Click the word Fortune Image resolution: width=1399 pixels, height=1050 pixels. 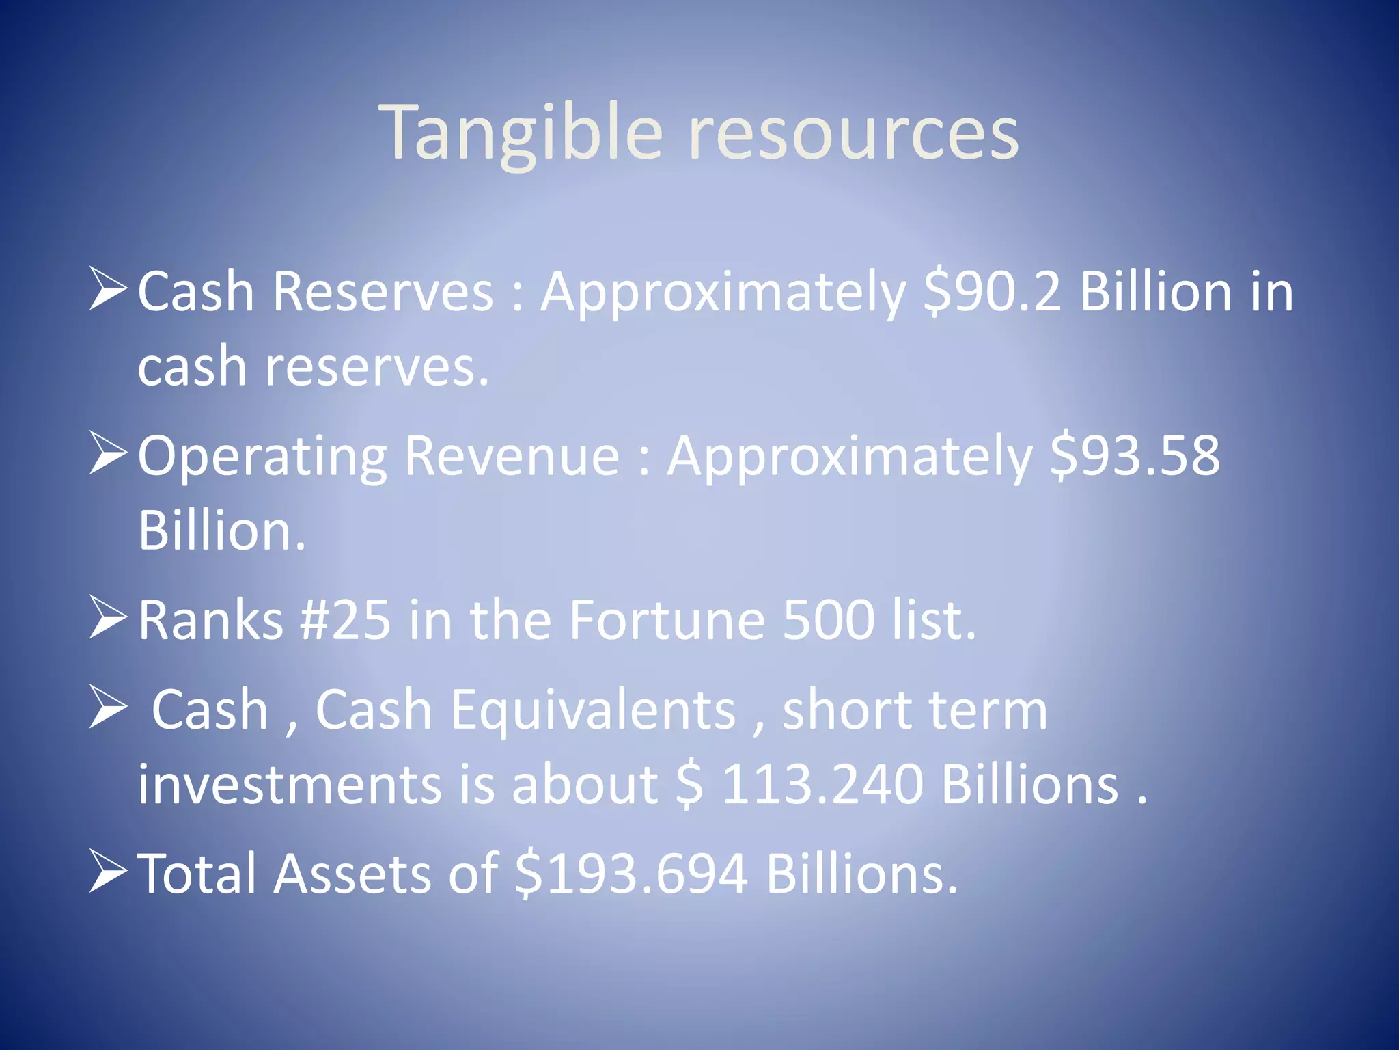click(x=667, y=619)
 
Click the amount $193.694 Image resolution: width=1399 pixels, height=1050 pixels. click(x=631, y=874)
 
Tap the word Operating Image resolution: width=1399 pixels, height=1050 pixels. click(x=262, y=457)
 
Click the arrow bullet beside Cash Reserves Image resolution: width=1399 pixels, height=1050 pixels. click(x=108, y=290)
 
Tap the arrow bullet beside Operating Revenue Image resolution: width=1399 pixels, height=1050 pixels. click(x=108, y=454)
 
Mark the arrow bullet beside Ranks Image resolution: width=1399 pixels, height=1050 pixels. click(x=108, y=618)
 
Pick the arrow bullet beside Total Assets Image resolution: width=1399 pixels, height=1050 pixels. click(x=108, y=872)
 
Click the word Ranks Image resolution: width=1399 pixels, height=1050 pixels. click(x=210, y=619)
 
